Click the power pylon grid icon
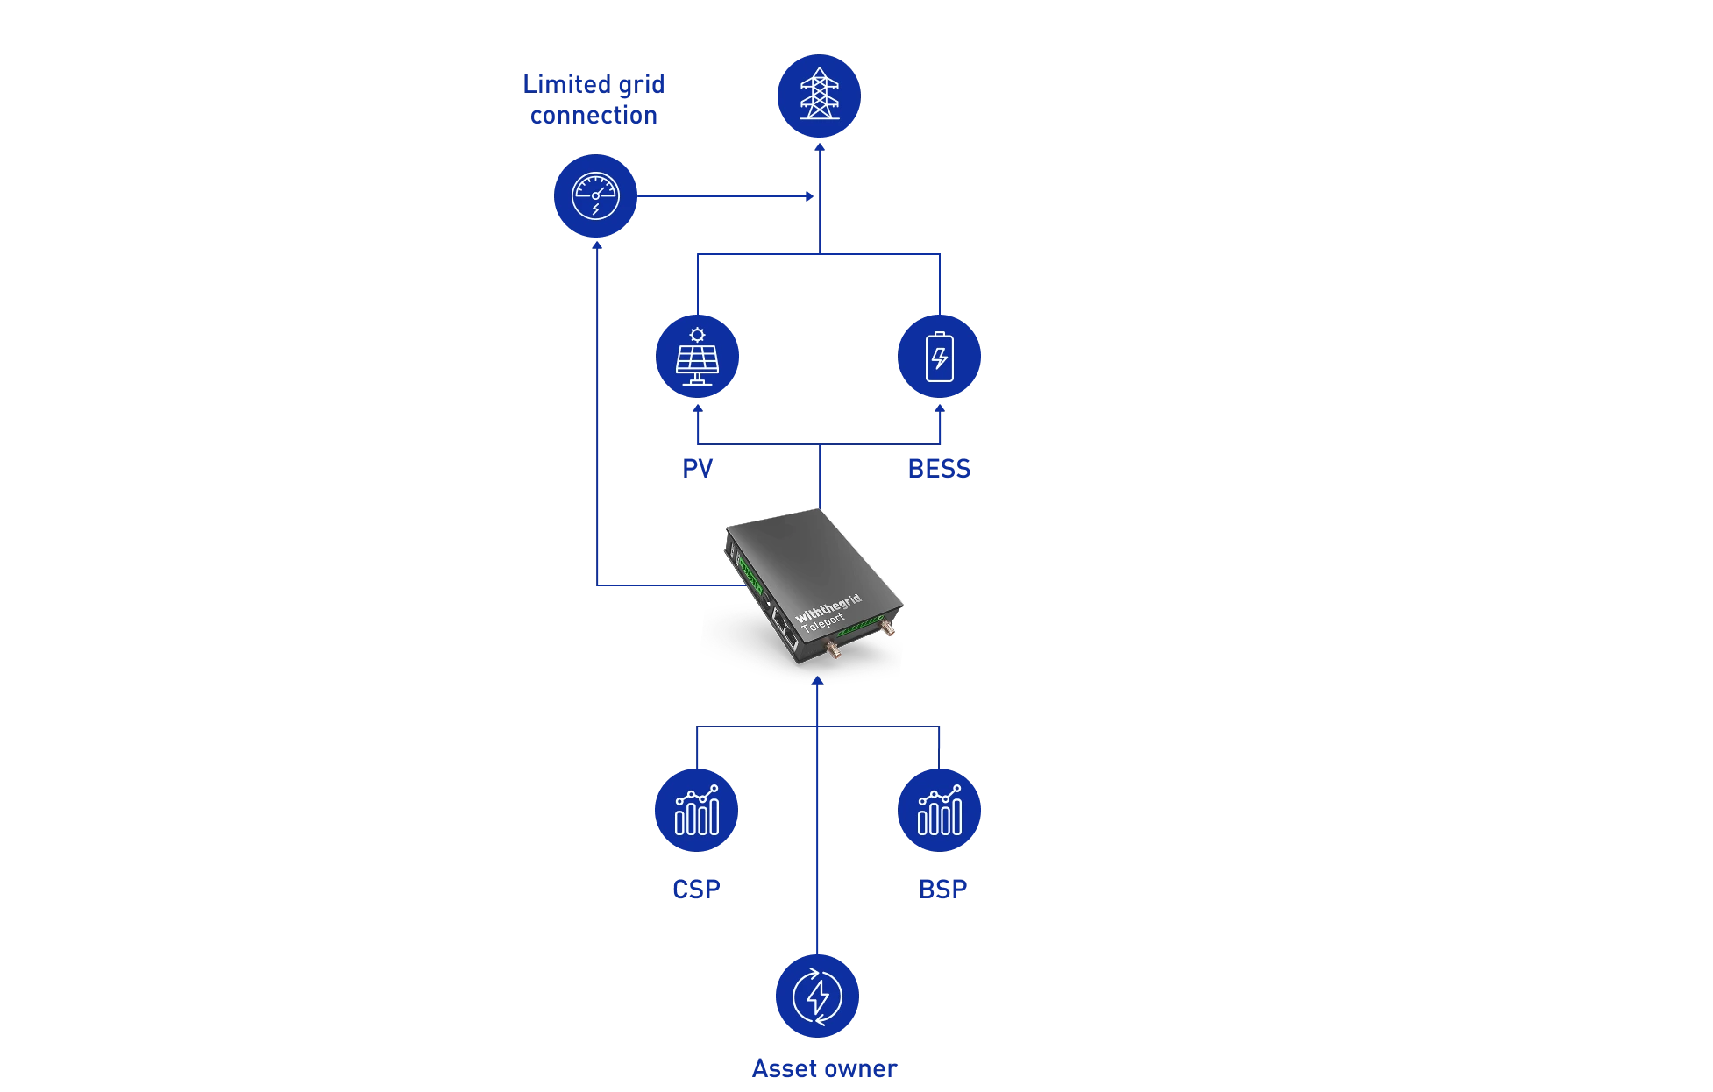pyautogui.click(x=819, y=96)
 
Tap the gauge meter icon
pyautogui.click(x=595, y=196)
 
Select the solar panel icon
pyautogui.click(x=697, y=356)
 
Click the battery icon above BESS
pyautogui.click(x=939, y=356)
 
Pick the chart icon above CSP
pyautogui.click(x=696, y=810)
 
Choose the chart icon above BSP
pyautogui.click(x=939, y=810)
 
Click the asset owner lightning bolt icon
pyautogui.click(x=817, y=996)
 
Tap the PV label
pyautogui.click(x=698, y=469)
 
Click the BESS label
pyautogui.click(x=939, y=469)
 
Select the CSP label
pyautogui.click(x=696, y=890)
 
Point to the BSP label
pyautogui.click(x=942, y=890)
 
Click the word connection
pyautogui.click(x=594, y=116)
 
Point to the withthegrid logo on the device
pyautogui.click(x=828, y=607)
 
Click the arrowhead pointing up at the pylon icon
pyautogui.click(x=820, y=147)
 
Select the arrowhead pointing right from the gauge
pyautogui.click(x=810, y=196)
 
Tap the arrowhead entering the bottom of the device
pyautogui.click(x=817, y=681)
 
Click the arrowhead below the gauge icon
pyautogui.click(x=597, y=245)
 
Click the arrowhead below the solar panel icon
pyautogui.click(x=698, y=408)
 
